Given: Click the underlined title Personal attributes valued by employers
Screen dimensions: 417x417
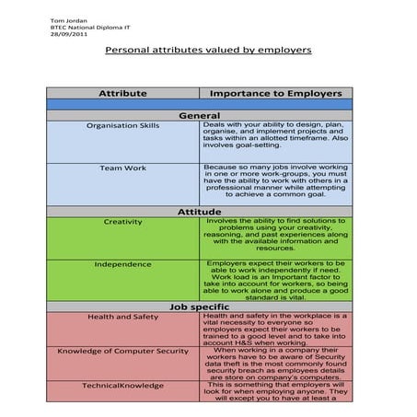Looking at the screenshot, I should click(208, 50).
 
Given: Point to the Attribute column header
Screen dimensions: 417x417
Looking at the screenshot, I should click(122, 93).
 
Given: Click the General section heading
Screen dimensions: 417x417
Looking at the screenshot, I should click(199, 115).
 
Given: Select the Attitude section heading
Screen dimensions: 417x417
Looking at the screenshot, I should click(199, 212).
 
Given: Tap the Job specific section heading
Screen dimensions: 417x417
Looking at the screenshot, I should click(199, 307).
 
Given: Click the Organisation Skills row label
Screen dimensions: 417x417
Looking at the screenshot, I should click(122, 125).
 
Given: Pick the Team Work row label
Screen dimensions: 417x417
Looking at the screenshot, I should click(122, 168).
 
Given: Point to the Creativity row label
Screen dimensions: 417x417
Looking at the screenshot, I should click(122, 222).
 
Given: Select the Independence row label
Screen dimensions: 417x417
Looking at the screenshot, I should click(122, 264).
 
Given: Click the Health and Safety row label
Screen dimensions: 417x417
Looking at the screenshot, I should click(122, 317).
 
